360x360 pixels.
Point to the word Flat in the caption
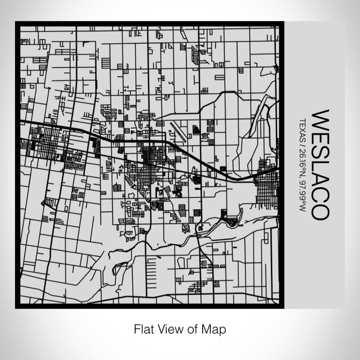pyautogui.click(x=144, y=328)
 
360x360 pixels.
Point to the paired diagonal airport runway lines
pyautogui.click(x=177, y=132)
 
